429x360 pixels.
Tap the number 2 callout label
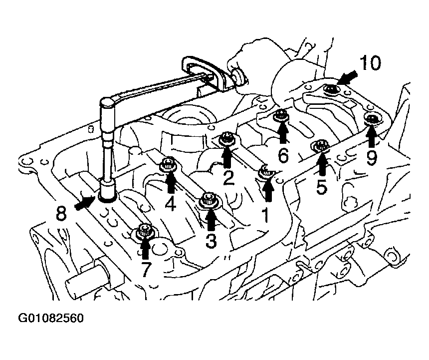point(228,178)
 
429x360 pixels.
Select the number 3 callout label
point(211,241)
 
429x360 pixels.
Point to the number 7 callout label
point(146,269)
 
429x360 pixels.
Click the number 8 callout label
point(61,213)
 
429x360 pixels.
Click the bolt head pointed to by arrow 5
point(320,146)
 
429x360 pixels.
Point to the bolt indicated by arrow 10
point(330,89)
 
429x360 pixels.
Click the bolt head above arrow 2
point(227,138)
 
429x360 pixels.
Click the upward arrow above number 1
point(268,191)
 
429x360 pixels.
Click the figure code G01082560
point(51,319)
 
